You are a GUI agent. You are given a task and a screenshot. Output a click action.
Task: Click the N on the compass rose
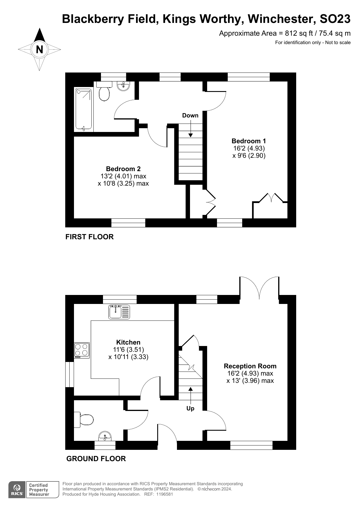39,50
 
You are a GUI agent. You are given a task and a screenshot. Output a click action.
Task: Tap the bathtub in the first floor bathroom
84,109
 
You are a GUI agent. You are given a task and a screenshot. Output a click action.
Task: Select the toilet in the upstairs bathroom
104,91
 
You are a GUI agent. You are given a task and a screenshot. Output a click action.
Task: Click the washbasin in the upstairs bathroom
124,86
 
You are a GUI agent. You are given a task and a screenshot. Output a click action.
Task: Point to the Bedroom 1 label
249,141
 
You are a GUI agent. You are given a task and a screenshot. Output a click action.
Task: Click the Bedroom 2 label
123,169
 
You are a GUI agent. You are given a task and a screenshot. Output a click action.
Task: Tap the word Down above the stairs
190,115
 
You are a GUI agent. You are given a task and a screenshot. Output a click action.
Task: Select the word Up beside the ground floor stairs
190,408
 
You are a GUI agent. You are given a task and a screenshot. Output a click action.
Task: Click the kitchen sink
119,312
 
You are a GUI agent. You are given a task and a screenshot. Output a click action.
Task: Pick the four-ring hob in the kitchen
82,350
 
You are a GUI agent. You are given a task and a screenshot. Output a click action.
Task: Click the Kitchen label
128,342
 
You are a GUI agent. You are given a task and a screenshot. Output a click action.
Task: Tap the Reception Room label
250,366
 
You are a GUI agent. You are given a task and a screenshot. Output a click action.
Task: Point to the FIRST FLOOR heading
89,237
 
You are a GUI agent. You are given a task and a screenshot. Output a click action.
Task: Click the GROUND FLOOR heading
96,459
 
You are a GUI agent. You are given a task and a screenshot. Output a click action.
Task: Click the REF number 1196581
164,494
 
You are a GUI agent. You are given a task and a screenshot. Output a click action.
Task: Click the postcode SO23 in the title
335,19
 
